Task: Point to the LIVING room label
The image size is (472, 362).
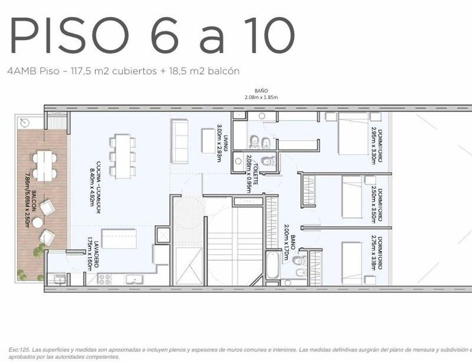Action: [222, 141]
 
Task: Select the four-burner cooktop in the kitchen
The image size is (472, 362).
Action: [105, 279]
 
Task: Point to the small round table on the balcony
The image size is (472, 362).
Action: [38, 222]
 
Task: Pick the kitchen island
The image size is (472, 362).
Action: [119, 239]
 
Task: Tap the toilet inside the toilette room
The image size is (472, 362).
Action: [269, 161]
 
